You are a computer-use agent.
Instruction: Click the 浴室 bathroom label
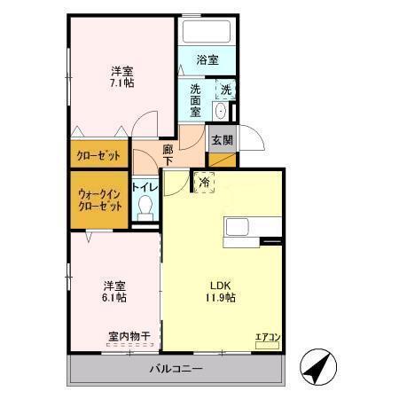tap(207, 60)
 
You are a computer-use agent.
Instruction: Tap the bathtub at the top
tap(207, 33)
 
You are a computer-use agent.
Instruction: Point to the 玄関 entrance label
tap(220, 139)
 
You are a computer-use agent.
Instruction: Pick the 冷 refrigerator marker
tap(204, 183)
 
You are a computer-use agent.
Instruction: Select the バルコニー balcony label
tap(176, 368)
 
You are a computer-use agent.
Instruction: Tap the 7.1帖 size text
tap(121, 82)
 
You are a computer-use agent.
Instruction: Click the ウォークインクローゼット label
tap(99, 199)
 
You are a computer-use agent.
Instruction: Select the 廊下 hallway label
tap(168, 157)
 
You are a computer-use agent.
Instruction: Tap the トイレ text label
tap(145, 186)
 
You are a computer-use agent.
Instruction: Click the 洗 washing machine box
tap(226, 90)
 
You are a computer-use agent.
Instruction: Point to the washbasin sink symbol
tap(219, 113)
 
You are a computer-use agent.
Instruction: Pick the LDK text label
tap(219, 285)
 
